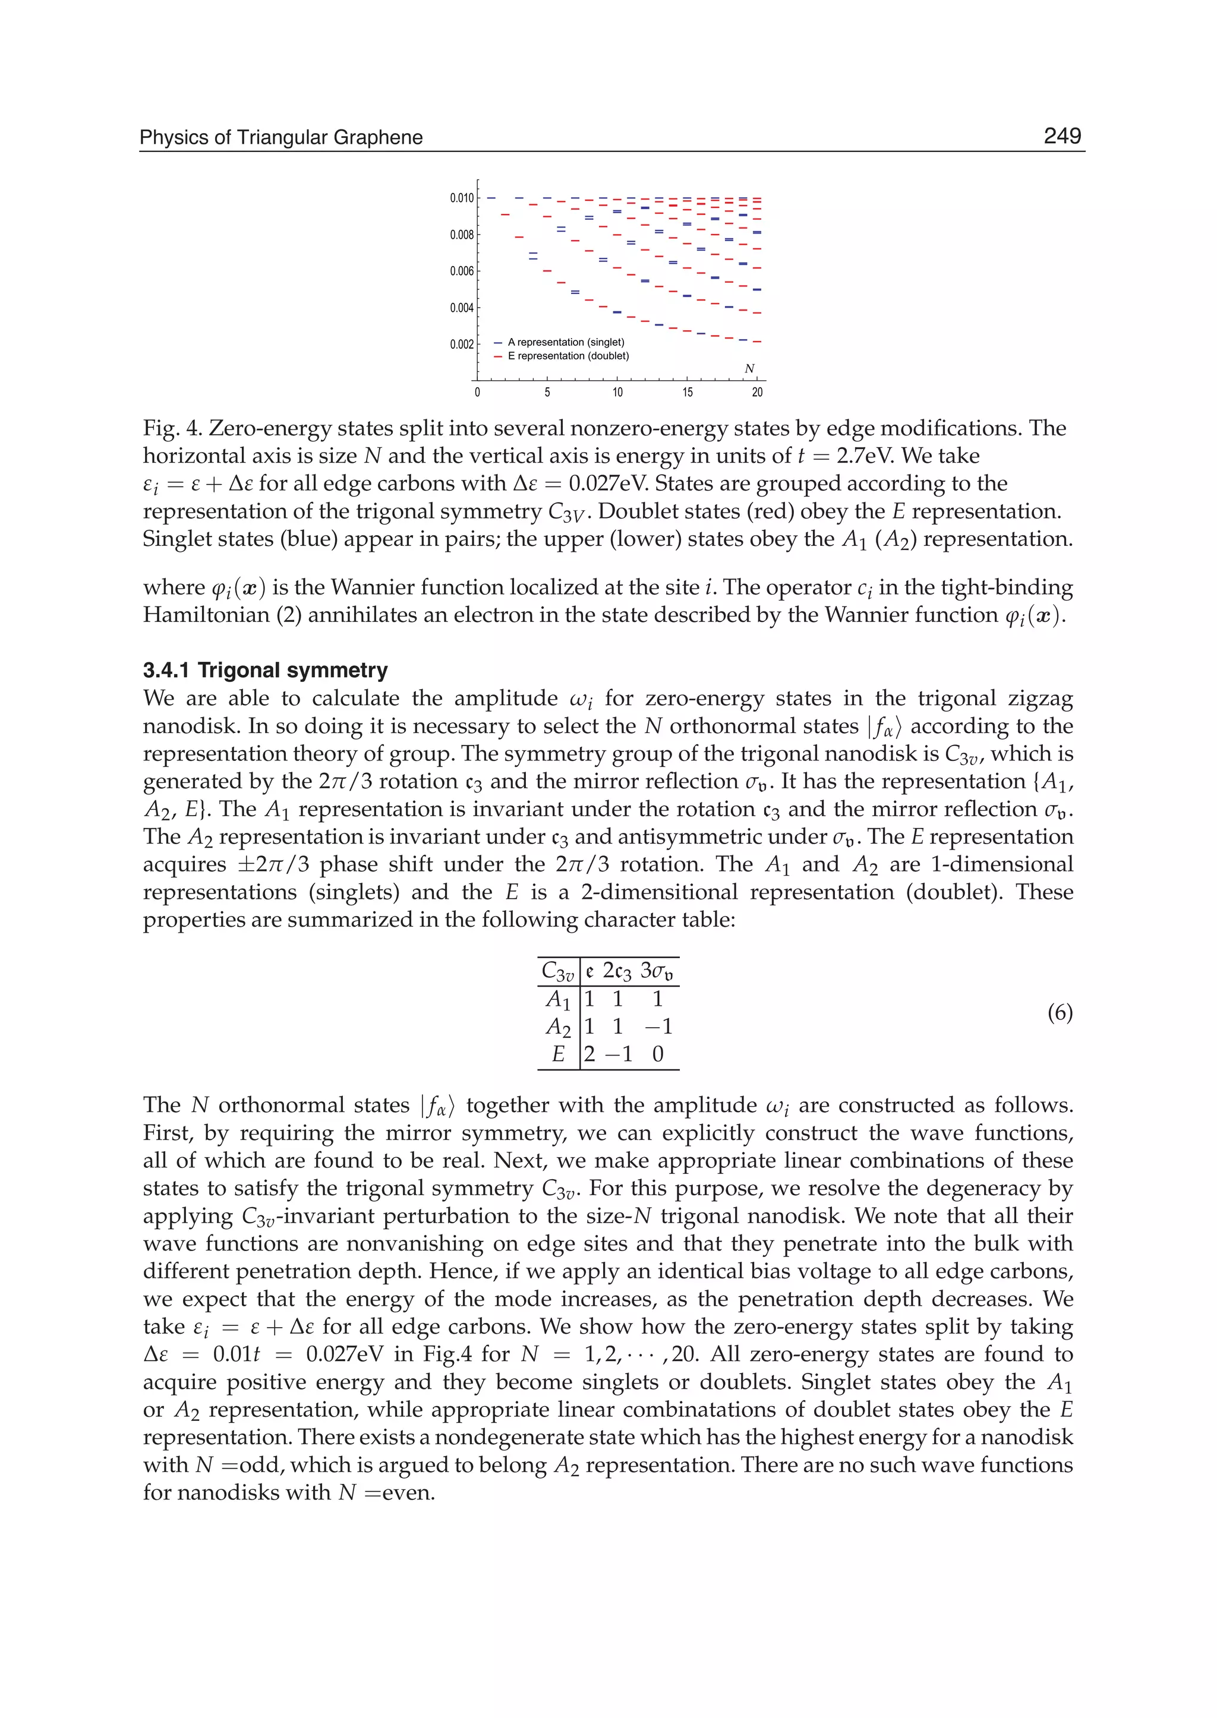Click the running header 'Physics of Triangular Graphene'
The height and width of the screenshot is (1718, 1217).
[x=281, y=138]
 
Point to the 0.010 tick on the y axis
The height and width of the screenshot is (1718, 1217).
[x=462, y=198]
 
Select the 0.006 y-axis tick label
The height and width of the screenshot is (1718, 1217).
[x=462, y=271]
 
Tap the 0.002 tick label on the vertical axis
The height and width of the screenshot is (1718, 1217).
[x=462, y=345]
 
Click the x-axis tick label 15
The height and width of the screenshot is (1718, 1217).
[x=687, y=393]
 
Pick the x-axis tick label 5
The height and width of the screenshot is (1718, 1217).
[x=547, y=393]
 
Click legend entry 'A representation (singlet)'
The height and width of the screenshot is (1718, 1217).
[x=565, y=342]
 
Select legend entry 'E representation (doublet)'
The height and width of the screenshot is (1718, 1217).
[x=567, y=356]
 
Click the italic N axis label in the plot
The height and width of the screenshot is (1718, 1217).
[x=749, y=369]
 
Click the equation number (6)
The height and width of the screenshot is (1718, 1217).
[x=1060, y=1013]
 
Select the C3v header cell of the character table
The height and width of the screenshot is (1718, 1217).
[x=557, y=972]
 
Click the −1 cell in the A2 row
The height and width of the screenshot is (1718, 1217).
[x=658, y=1027]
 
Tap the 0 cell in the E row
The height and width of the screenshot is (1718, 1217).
[x=658, y=1054]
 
